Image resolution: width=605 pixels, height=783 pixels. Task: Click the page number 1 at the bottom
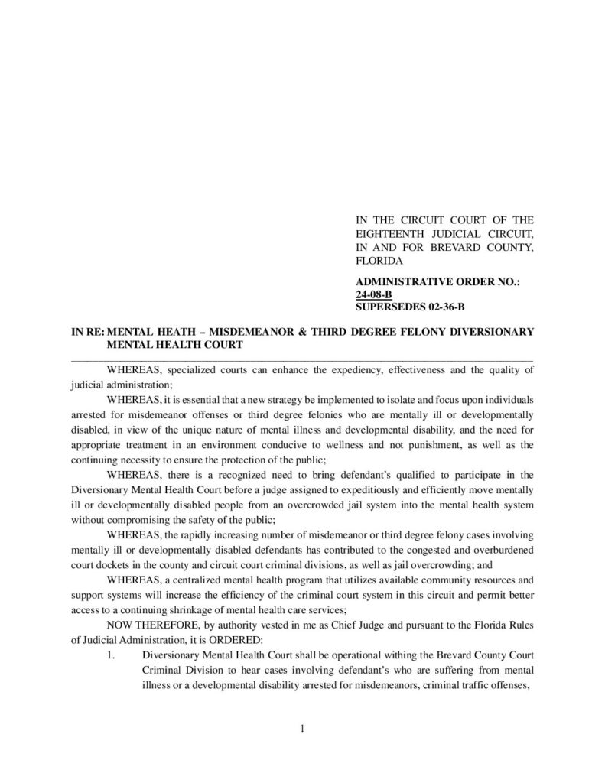tap(303, 728)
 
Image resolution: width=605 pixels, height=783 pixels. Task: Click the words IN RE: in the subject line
tap(86, 332)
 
